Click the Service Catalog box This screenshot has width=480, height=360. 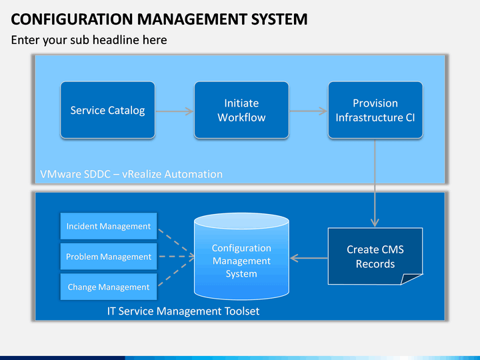tap(108, 110)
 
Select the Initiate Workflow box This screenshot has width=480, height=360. tap(241, 110)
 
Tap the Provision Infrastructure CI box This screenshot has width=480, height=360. tap(375, 110)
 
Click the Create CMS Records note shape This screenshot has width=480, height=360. tap(375, 256)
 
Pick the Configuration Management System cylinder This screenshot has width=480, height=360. tap(241, 256)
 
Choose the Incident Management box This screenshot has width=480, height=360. tap(109, 226)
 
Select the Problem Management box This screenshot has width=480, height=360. tap(109, 257)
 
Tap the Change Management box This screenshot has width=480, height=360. tap(109, 287)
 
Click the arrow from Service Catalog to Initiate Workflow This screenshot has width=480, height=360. tap(175, 111)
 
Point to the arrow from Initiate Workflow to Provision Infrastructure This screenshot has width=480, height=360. tap(308, 111)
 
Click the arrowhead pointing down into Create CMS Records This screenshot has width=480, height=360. tap(375, 222)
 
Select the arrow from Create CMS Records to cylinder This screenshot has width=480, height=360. tap(309, 258)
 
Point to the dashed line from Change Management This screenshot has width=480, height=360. tap(176, 272)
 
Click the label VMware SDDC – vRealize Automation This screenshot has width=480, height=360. tap(131, 174)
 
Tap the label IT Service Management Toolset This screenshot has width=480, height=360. tap(183, 311)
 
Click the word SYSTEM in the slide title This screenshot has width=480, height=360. tap(279, 19)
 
